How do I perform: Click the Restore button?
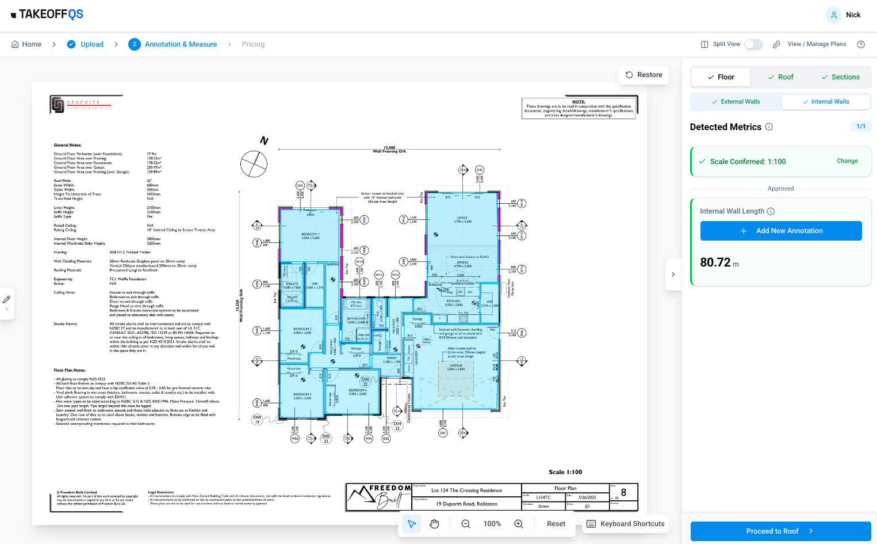pyautogui.click(x=644, y=75)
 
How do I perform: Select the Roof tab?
pyautogui.click(x=780, y=77)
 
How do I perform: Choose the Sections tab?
pyautogui.click(x=840, y=77)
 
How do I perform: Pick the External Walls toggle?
pyautogui.click(x=736, y=102)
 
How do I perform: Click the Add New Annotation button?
pyautogui.click(x=780, y=231)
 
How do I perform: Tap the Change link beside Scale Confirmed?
pyautogui.click(x=847, y=161)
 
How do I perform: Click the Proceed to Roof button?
pyautogui.click(x=780, y=531)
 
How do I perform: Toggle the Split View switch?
pyautogui.click(x=753, y=44)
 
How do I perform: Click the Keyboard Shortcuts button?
pyautogui.click(x=625, y=524)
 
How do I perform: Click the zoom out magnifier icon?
pyautogui.click(x=466, y=524)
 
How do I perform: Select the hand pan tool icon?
pyautogui.click(x=434, y=524)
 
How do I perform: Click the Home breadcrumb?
pyautogui.click(x=26, y=44)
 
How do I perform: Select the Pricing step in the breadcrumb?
pyautogui.click(x=253, y=44)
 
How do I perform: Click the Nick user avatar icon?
pyautogui.click(x=833, y=15)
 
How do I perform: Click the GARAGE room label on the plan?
pyautogui.click(x=456, y=366)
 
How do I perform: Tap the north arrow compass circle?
pyautogui.click(x=254, y=164)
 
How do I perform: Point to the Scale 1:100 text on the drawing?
pyautogui.click(x=565, y=472)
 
